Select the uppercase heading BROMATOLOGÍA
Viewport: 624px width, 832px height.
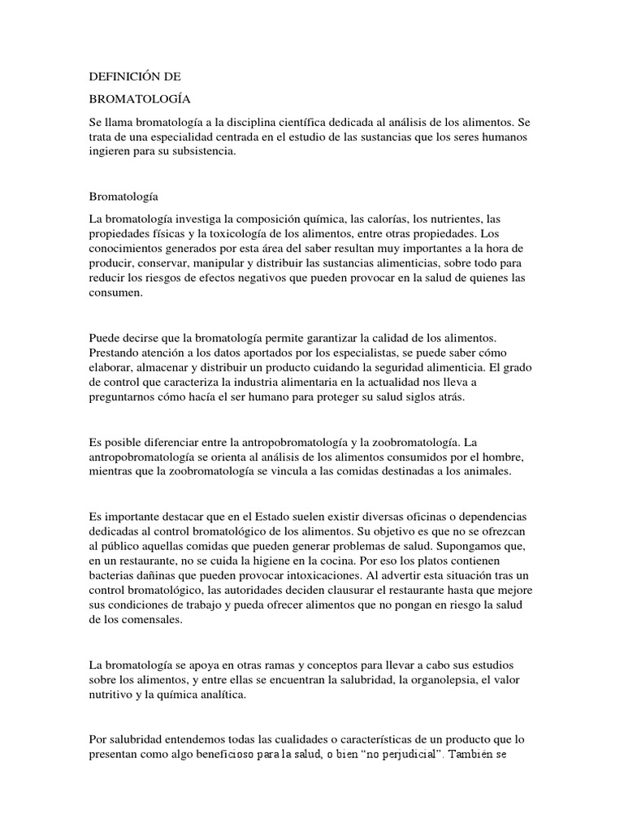[139, 99]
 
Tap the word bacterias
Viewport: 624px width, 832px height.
[114, 576]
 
